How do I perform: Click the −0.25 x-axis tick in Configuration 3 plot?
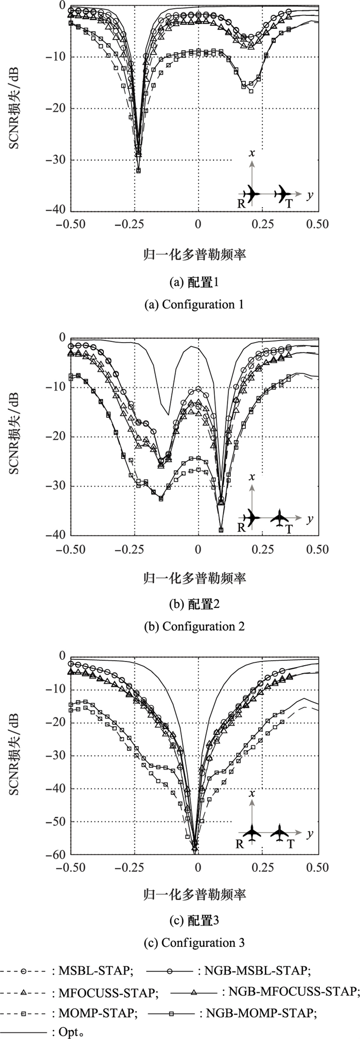[134, 868]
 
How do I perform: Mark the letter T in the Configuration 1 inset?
[289, 204]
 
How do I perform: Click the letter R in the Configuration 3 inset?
[240, 844]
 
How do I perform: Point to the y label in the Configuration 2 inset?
[310, 519]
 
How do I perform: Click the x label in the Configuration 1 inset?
[252, 154]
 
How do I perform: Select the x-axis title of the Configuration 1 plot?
[194, 254]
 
